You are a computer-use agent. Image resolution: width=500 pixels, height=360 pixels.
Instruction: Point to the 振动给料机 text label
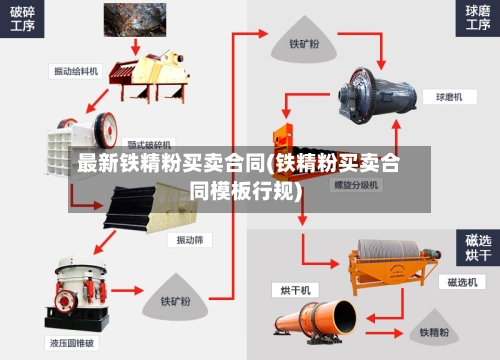(76, 71)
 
